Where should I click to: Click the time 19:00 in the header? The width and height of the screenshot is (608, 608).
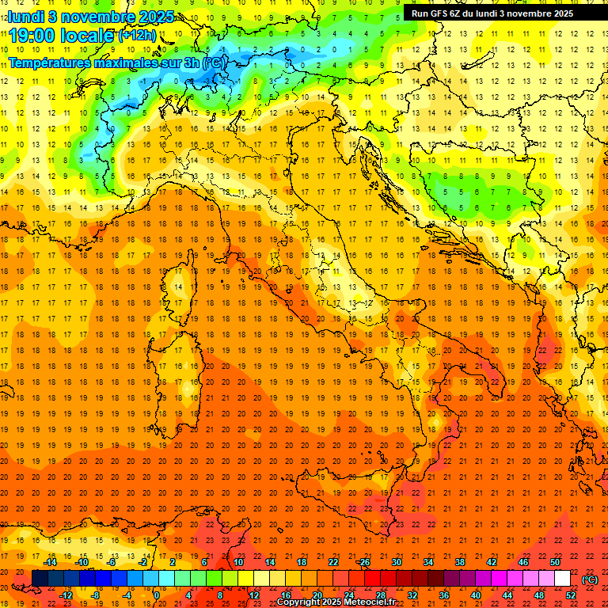coord(32,36)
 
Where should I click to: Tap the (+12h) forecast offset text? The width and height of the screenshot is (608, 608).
coord(139,36)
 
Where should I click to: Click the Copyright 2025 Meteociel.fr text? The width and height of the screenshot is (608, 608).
coord(336,602)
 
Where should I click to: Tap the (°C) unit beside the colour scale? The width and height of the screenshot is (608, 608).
coord(590,579)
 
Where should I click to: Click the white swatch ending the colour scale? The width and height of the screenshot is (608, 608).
coord(562,579)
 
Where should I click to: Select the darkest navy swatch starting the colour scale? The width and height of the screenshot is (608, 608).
coord(40,579)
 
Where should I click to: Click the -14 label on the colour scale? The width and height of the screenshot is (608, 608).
coord(49,562)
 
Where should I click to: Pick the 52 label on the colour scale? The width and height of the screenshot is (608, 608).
coord(571,595)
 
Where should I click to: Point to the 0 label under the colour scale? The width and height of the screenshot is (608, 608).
coord(157,595)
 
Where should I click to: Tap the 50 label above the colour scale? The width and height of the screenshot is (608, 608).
coord(555,562)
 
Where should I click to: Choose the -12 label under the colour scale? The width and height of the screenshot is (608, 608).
coord(66,595)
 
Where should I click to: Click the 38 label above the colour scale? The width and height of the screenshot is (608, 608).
coord(460,562)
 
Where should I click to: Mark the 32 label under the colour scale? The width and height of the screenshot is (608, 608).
coord(412,595)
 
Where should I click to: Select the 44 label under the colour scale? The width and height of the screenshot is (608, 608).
coord(507,595)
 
